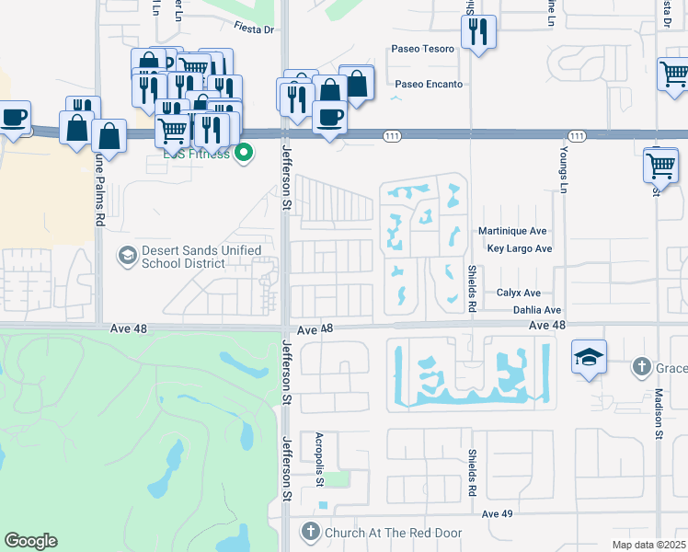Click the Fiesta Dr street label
point(255,29)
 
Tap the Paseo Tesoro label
point(423,48)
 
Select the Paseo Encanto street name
point(427,84)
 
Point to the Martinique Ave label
point(512,231)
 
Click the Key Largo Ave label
point(519,248)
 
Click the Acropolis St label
point(319,456)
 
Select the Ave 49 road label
point(497,513)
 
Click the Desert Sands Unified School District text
point(201,257)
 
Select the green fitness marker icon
point(244,153)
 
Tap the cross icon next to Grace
point(642,368)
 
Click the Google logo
point(30,541)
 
